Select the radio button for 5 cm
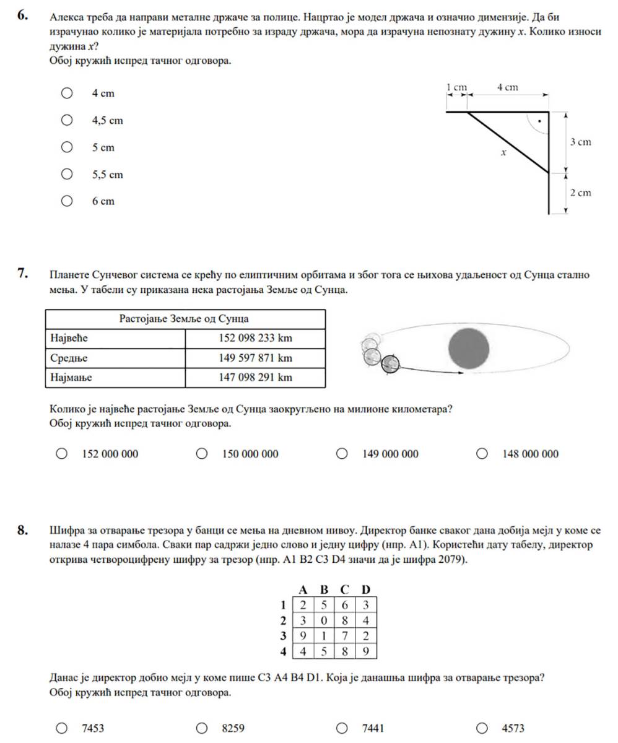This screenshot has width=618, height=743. click(67, 147)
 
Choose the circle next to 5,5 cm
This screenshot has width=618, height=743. click(67, 175)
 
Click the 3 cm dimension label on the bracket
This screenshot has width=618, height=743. click(580, 142)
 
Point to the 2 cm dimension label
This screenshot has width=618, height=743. click(580, 193)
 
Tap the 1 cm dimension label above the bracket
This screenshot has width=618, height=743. click(456, 88)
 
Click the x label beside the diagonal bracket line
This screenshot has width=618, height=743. click(503, 152)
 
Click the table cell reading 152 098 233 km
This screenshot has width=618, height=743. click(255, 338)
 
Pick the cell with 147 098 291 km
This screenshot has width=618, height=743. click(255, 377)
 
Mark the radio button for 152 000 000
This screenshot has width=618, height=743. click(62, 454)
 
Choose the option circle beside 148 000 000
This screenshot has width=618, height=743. click(482, 454)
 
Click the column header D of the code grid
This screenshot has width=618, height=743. click(365, 589)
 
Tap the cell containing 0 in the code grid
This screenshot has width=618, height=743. click(323, 620)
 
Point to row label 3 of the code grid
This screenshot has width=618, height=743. click(283, 636)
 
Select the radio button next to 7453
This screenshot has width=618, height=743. click(62, 728)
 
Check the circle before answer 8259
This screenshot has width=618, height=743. click(202, 728)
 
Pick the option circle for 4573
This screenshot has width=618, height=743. click(482, 728)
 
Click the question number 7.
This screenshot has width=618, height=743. click(22, 272)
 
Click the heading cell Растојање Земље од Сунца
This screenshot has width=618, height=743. click(185, 319)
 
